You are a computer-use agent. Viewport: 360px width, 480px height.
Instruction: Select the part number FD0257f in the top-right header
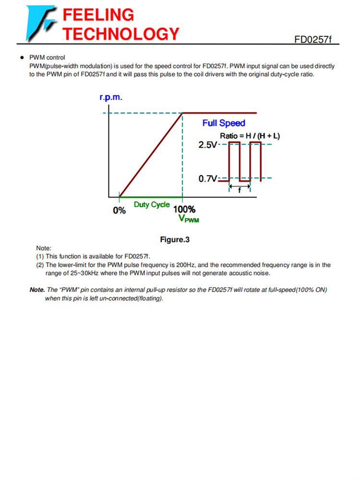313,39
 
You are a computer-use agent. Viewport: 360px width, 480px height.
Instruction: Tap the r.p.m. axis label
111,97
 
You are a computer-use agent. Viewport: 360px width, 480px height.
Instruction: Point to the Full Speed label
224,123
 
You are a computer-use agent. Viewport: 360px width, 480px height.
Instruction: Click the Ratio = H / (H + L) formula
250,136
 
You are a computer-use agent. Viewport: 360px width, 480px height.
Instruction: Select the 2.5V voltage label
208,144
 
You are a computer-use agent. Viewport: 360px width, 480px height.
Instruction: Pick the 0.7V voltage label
208,179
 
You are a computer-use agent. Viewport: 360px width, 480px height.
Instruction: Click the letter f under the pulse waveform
240,190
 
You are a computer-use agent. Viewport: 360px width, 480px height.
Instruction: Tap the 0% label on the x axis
119,210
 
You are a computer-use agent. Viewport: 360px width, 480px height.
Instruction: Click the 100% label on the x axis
184,210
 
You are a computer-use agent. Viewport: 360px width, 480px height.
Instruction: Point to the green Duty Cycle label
152,204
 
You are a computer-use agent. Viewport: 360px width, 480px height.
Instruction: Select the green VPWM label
189,219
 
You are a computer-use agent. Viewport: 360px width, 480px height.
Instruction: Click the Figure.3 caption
175,240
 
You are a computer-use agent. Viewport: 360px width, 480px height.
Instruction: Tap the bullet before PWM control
22,58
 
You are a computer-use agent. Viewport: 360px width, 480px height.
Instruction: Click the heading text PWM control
47,58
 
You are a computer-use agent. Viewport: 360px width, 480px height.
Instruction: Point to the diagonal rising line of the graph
151,155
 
